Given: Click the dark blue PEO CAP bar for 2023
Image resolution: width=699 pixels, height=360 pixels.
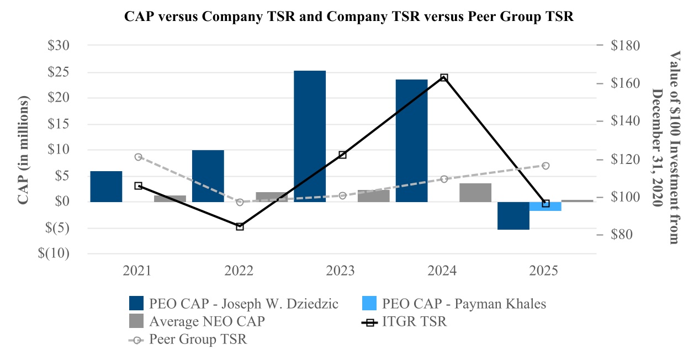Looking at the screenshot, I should (x=310, y=136).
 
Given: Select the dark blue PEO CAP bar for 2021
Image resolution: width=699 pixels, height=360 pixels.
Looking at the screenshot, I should (x=106, y=186).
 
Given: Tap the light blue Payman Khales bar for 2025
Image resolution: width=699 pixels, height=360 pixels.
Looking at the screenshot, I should (x=546, y=206).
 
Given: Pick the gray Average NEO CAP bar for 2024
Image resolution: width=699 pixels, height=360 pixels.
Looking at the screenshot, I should (x=475, y=192).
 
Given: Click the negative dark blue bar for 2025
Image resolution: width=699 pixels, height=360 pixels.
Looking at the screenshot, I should (x=513, y=215).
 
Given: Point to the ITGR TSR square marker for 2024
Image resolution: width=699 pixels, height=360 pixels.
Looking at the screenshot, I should (x=444, y=78).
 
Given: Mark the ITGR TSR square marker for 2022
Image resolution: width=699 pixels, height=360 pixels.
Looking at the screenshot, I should (x=240, y=226).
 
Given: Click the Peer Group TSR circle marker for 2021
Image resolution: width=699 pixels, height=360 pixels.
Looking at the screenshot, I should (x=138, y=157).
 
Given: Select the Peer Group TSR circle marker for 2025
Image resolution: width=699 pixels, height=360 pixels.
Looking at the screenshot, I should (x=546, y=166).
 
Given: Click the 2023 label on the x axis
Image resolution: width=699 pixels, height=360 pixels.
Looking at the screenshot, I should (x=341, y=271).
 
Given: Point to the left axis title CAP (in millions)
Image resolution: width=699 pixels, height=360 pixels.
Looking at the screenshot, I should (x=23, y=150).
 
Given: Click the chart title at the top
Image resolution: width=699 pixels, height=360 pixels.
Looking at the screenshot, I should (x=349, y=17).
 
